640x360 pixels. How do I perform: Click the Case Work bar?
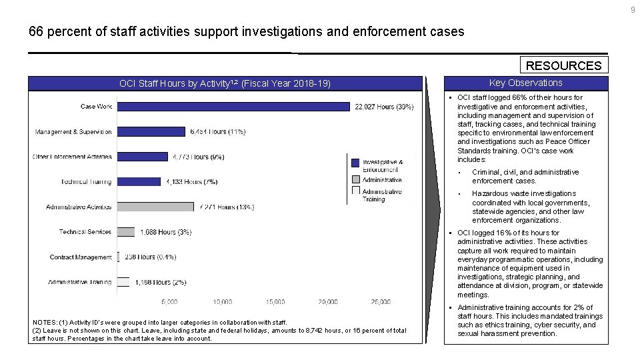tap(233, 107)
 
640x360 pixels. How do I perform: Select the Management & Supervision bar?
tap(151, 131)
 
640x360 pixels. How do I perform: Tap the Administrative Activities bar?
tap(156, 207)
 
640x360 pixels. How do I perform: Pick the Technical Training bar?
tap(139, 181)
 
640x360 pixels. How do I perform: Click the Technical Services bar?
tap(125, 232)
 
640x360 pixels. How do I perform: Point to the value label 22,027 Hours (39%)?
tap(384, 107)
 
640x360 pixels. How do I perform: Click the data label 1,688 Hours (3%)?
tap(166, 232)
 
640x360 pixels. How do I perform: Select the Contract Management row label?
tap(81, 257)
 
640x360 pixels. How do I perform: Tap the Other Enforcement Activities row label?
tap(73, 157)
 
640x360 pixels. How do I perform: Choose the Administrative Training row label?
tap(80, 282)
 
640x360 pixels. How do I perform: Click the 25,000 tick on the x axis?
tap(381, 302)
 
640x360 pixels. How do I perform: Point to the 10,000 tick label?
tap(223, 302)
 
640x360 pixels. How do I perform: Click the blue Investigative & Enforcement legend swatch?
tap(356, 162)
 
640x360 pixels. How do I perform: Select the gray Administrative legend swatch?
tap(356, 179)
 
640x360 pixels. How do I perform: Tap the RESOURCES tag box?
tap(564, 65)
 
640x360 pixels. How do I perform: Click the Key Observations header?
tap(525, 83)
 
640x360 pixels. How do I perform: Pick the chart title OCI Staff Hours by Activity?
tap(225, 83)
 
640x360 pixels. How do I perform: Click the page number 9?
tap(633, 9)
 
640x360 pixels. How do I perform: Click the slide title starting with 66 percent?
tap(246, 31)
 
